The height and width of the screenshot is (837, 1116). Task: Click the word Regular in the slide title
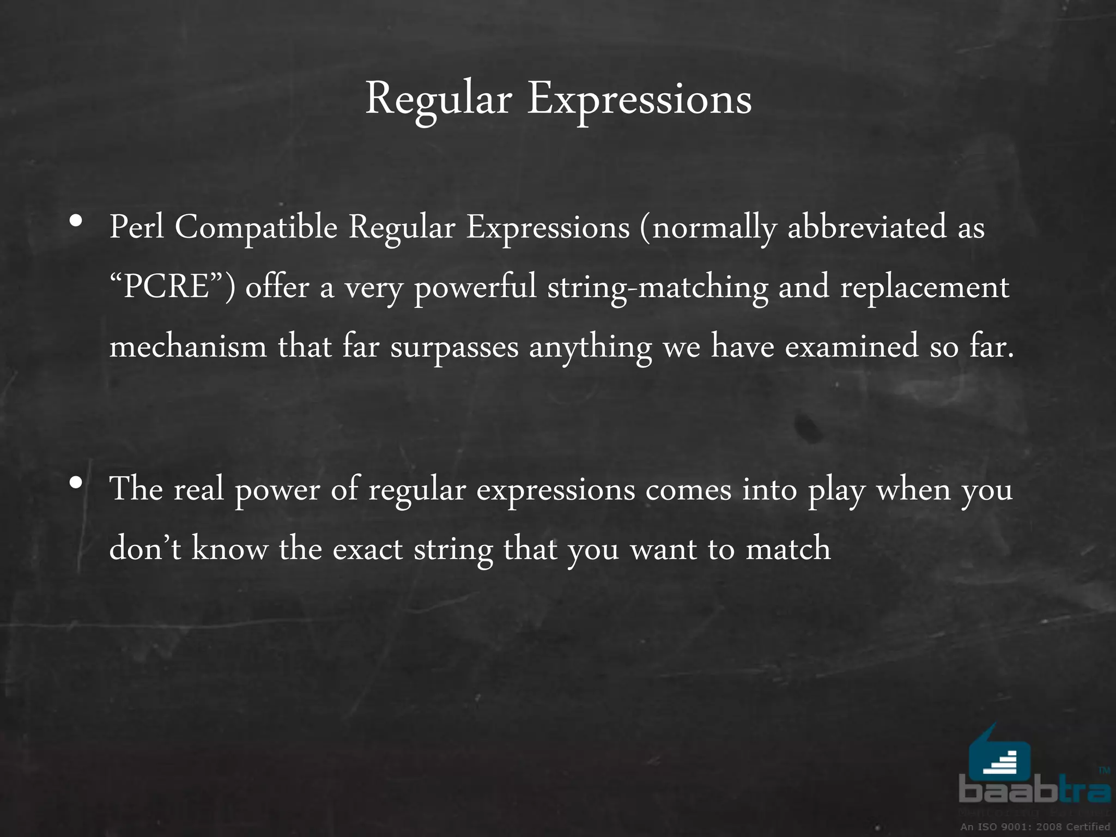click(x=438, y=100)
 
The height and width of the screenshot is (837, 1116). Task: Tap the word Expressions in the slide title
click(x=639, y=100)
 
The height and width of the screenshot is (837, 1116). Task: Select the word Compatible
click(x=256, y=228)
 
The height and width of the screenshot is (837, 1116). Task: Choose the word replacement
click(x=924, y=288)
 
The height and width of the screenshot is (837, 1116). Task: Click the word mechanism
click(x=188, y=347)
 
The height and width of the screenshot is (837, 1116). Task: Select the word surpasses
click(x=454, y=348)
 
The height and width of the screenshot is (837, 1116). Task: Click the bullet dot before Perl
click(x=76, y=221)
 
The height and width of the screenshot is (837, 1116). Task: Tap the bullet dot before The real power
click(x=76, y=482)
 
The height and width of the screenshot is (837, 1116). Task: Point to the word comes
click(x=688, y=489)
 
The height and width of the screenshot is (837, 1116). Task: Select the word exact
click(x=367, y=549)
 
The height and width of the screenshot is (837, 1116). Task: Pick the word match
click(x=788, y=548)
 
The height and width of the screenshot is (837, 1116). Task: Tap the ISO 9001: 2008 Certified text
click(x=1035, y=827)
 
